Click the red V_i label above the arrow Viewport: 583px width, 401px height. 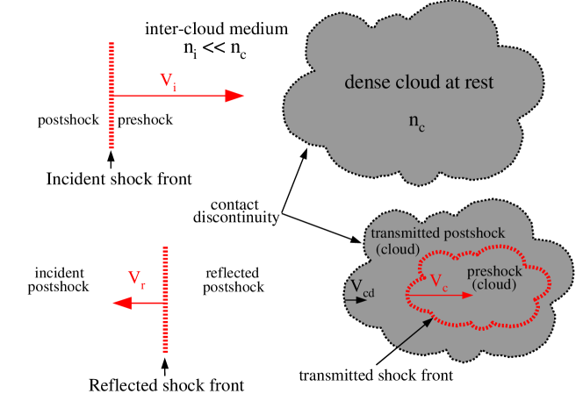pyautogui.click(x=169, y=81)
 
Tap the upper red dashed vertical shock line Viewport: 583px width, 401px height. pyautogui.click(x=112, y=95)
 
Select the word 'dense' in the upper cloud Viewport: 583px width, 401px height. pyautogui.click(x=364, y=83)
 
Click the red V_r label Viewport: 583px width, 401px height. pyautogui.click(x=137, y=280)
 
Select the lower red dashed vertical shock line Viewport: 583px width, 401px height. pyautogui.click(x=164, y=298)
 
